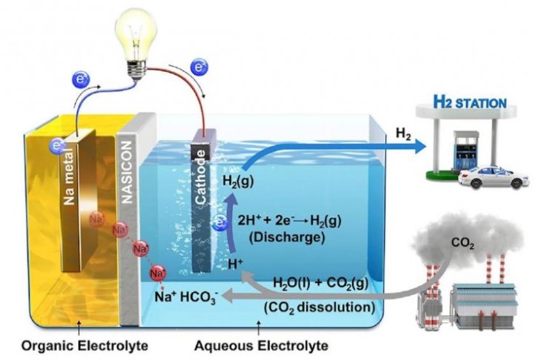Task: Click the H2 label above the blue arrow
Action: click(403, 133)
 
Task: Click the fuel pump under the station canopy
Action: click(450, 155)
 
